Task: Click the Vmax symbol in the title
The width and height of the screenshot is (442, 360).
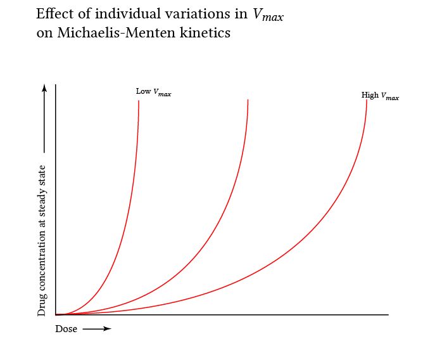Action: (268, 16)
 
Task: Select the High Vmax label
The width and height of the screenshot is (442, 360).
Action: (380, 96)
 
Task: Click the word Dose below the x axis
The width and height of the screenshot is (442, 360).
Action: (66, 329)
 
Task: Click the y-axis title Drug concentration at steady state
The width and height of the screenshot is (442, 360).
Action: (42, 240)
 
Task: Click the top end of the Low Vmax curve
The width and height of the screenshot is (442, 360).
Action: (139, 101)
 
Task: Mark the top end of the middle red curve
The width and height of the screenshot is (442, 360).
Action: (248, 100)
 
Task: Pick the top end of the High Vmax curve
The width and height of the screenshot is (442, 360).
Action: (367, 100)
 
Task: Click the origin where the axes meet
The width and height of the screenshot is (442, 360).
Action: (56, 314)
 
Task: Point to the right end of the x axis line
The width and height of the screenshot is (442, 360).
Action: (388, 314)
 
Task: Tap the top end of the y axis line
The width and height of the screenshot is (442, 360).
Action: (56, 84)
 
